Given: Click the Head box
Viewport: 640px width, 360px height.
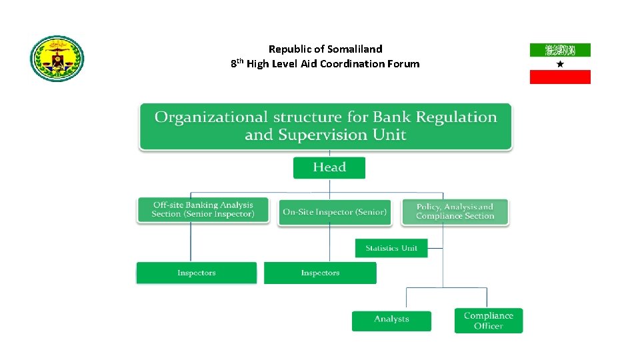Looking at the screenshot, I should (329, 167).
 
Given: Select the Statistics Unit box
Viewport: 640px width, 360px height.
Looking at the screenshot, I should (391, 248).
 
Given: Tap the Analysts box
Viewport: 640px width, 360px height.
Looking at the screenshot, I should (391, 319).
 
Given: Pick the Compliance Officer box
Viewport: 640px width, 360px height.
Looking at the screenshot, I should (489, 321).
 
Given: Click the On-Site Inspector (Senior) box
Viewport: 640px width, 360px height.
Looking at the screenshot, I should (335, 212).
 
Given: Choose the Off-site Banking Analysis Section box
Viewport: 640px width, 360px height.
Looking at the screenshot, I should (203, 210).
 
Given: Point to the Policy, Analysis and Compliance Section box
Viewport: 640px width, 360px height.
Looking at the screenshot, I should (455, 212).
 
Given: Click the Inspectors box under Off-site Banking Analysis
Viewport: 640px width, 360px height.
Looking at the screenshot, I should (197, 273).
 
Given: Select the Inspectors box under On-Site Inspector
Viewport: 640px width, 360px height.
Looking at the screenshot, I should (320, 273).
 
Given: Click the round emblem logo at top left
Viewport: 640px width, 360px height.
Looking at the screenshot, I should (57, 59).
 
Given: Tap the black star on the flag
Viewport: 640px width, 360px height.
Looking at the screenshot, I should (560, 63).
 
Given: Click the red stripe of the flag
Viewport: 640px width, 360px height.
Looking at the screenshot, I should (560, 77).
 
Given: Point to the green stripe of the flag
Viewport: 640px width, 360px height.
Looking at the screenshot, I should (560, 50).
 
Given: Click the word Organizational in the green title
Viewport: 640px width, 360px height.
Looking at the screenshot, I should (201, 117).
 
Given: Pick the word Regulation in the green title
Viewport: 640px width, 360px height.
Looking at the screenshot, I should (457, 117).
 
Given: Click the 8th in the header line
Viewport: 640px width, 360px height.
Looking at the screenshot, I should (237, 64).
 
